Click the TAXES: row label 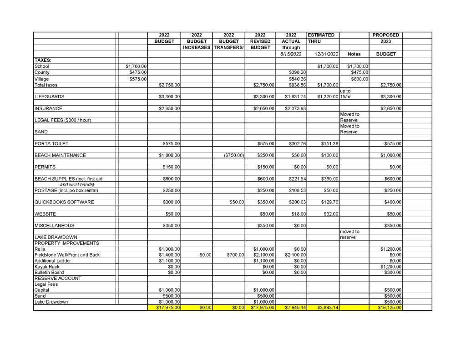point(43,60)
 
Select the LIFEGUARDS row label point(49,97)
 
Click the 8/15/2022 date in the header point(291,54)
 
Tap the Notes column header point(354,54)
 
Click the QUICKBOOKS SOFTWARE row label point(64,202)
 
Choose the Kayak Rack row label point(47,267)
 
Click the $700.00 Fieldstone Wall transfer point(235,255)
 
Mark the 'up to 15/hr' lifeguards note point(346,94)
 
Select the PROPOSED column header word point(385,35)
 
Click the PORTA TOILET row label point(51,144)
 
